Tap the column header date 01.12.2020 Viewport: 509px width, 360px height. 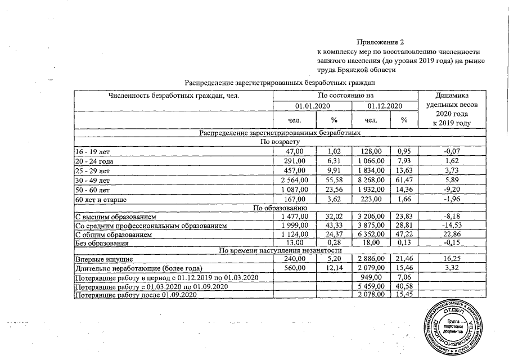384,106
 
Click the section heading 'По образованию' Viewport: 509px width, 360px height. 280,208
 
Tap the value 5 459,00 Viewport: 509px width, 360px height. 373,287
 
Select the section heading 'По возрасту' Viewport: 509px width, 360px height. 279,142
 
